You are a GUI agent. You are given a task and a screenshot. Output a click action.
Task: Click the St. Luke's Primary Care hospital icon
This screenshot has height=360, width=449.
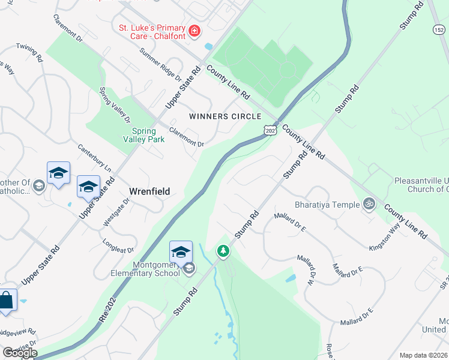coord(194,31)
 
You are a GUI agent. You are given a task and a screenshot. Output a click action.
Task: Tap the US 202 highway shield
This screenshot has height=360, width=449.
coord(270,129)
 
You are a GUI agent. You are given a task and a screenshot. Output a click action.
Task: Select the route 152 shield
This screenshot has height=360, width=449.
coord(440,29)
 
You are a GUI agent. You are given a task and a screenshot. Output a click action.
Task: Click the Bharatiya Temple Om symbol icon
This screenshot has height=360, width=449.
coord(369,205)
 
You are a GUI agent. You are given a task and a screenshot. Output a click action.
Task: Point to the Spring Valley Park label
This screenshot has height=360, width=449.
coord(143,135)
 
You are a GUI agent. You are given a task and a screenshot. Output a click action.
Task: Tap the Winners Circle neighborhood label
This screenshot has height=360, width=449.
coord(225,116)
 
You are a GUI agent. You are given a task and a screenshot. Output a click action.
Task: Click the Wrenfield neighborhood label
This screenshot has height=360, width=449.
coord(149,191)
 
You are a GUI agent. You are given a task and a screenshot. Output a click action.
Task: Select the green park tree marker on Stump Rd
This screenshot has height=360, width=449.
coord(223,250)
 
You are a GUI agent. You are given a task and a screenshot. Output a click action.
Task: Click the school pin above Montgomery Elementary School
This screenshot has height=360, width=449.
coord(181,251)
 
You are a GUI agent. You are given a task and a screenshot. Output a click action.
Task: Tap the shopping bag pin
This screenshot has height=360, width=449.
coord(6,300)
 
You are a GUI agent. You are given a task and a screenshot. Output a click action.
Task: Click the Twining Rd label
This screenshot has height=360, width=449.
coord(29,53)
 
